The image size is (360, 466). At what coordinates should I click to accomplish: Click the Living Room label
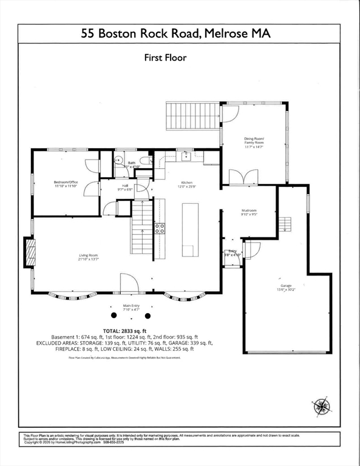pyautogui.click(x=88, y=258)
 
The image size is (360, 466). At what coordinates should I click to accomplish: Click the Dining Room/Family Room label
pyautogui.click(x=254, y=143)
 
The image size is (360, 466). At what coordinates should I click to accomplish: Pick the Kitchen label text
pyautogui.click(x=186, y=184)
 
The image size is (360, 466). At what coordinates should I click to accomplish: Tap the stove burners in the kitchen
pyautogui.click(x=160, y=228)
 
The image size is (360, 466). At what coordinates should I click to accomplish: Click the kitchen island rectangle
pyautogui.click(x=190, y=230)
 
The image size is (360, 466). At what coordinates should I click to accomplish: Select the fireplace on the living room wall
pyautogui.click(x=30, y=252)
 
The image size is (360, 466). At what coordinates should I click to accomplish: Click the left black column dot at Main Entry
pyautogui.click(x=114, y=316)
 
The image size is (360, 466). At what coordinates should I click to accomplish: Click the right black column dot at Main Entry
pyautogui.click(x=149, y=316)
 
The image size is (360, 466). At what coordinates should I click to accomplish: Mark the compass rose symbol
pyautogui.click(x=321, y=405)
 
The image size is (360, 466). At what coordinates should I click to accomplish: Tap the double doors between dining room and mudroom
pyautogui.click(x=243, y=177)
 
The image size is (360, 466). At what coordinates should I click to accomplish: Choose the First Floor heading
pyautogui.click(x=165, y=58)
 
